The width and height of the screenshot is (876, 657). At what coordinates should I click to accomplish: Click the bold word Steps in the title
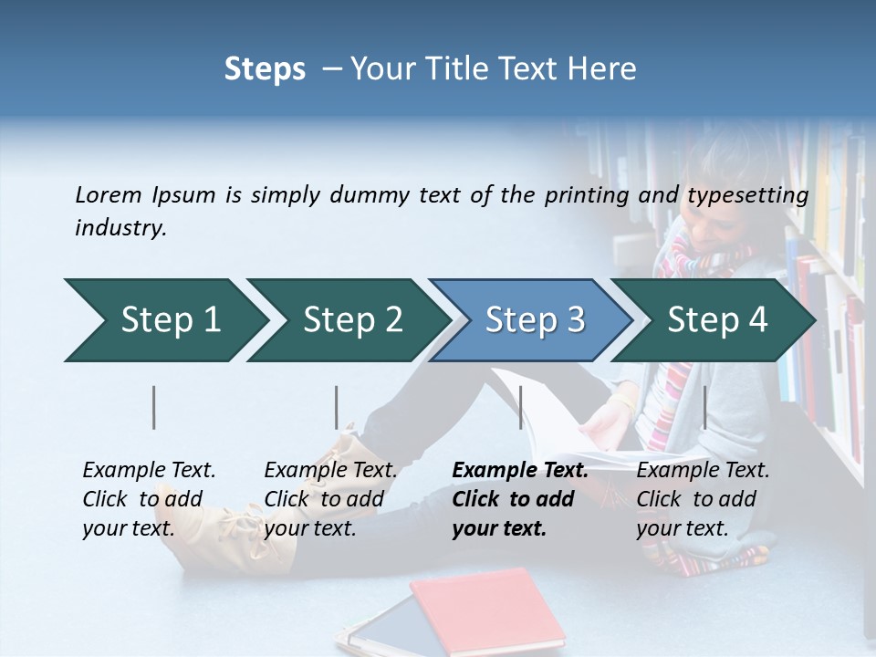coord(265,68)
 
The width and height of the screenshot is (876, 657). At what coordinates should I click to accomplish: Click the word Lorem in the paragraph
coord(108,194)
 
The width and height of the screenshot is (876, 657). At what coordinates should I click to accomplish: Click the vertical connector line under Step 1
coord(154,407)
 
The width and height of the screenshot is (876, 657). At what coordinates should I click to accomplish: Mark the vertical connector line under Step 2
coord(337,407)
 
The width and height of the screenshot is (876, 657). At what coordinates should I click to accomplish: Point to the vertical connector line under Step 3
coord(521,407)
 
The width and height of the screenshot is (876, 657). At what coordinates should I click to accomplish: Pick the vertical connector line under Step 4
coord(704,407)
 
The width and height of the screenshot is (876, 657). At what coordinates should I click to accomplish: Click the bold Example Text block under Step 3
coord(520,499)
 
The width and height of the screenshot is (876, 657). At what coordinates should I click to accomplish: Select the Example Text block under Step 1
coord(149,499)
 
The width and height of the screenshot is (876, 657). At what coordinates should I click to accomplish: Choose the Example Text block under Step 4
coord(703,499)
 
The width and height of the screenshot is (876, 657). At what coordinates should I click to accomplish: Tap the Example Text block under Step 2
coord(330,499)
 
